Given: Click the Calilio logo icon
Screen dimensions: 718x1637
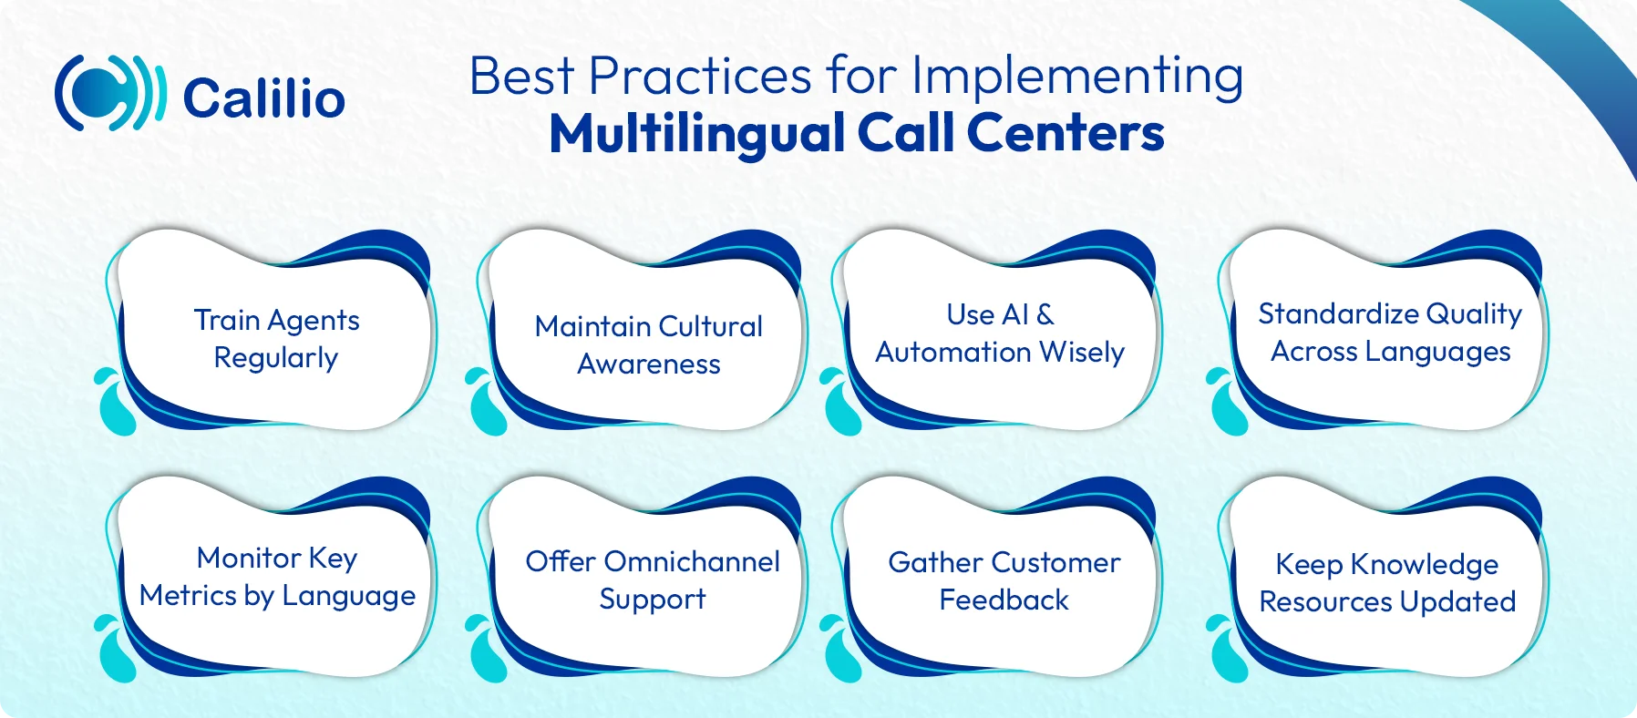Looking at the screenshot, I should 109,93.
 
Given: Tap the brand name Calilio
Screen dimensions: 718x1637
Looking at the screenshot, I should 264,98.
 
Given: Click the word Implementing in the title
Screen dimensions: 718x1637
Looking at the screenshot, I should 1077,77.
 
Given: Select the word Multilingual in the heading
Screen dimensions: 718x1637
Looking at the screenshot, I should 697,134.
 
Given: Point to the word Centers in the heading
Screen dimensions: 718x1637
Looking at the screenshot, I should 1065,134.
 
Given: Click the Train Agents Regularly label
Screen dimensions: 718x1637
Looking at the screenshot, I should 276,339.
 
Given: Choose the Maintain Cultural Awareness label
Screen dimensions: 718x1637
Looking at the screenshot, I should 649,344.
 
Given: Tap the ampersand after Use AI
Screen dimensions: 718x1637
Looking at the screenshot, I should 1045,314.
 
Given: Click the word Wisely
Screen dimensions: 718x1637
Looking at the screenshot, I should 1082,353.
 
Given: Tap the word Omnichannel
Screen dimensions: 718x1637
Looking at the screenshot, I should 692,561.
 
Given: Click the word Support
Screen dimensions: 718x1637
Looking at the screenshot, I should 653,600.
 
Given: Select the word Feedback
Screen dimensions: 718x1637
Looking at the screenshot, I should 1004,600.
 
